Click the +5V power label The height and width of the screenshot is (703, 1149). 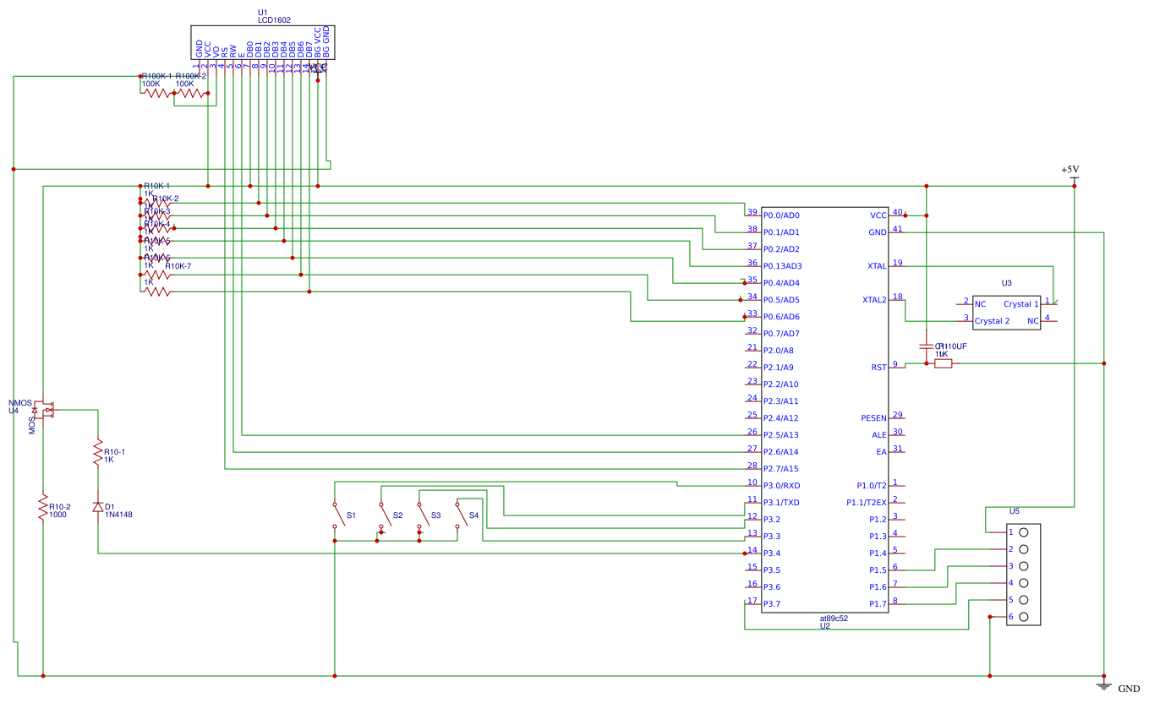pos(1070,170)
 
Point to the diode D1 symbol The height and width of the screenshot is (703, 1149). pos(98,507)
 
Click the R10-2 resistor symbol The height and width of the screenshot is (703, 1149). pos(42,509)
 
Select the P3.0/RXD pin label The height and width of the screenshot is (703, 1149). pos(781,486)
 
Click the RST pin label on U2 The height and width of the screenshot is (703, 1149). pos(878,368)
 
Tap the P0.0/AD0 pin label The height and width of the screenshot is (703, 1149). pos(781,215)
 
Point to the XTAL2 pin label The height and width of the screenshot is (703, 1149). pos(874,300)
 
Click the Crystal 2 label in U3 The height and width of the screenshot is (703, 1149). pos(992,321)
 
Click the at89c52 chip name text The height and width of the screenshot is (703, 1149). pos(834,618)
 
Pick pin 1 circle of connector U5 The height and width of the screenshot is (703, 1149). pos(1024,532)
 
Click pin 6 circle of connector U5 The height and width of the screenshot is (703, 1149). pos(1024,617)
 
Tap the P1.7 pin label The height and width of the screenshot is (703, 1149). pos(878,604)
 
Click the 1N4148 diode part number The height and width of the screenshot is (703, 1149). pos(118,515)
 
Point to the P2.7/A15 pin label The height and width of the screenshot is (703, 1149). pos(781,469)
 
